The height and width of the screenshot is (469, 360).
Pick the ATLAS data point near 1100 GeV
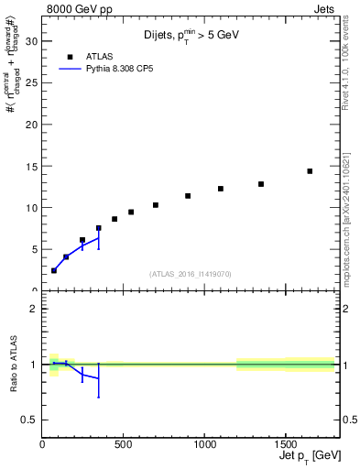221,189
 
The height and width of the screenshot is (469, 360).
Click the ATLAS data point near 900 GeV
188,196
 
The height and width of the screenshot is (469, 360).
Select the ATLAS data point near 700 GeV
156,205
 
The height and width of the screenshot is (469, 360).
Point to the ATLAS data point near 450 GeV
115,219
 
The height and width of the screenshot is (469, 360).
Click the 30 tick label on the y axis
30,41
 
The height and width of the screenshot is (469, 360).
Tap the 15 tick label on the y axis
30,166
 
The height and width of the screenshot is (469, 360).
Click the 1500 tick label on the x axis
285,444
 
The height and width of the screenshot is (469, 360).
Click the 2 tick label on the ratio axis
33,309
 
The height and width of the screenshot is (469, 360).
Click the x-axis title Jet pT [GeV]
310,457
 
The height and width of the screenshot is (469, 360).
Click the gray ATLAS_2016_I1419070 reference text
191,273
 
